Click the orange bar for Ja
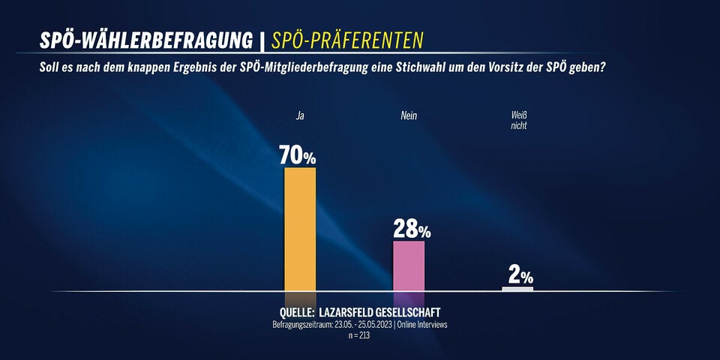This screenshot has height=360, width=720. coord(300,229)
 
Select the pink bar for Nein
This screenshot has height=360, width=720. coord(409,265)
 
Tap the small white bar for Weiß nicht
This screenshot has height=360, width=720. coord(517,288)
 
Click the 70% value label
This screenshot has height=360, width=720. coord(298,155)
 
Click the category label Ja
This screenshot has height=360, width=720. coord(300,115)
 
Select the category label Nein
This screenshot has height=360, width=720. coord(409,115)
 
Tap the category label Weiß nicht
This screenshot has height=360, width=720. coord(517,121)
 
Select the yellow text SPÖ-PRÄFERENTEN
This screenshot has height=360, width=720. coord(347,40)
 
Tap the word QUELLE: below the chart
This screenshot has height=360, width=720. coord(296,311)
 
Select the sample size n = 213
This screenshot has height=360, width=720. coord(359,335)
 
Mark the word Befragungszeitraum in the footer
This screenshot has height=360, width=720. coord(303,324)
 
